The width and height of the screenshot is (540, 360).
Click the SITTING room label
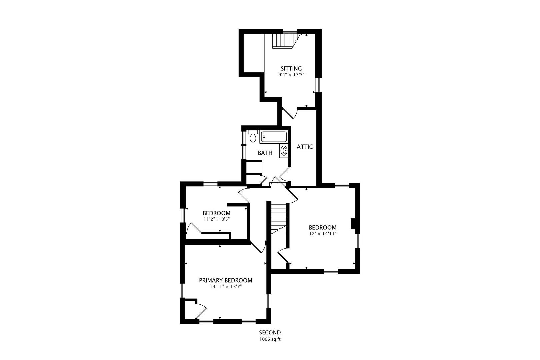pyautogui.click(x=291, y=69)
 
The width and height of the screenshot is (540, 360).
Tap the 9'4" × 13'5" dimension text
pyautogui.click(x=291, y=75)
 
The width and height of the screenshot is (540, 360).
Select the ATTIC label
pyautogui.click(x=305, y=147)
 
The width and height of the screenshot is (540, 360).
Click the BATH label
pyautogui.click(x=265, y=153)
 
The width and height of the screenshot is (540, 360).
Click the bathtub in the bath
pyautogui.click(x=274, y=136)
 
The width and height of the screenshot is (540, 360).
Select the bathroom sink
pyautogui.click(x=284, y=151)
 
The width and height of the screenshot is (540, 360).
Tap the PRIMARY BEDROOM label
pyautogui.click(x=225, y=280)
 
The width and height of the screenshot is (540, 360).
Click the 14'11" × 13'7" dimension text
pyautogui.click(x=226, y=286)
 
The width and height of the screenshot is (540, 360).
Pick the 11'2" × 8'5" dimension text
pyautogui.click(x=217, y=219)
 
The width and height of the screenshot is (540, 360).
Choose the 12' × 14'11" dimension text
pyautogui.click(x=322, y=234)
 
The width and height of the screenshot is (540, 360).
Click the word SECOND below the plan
pyautogui.click(x=270, y=332)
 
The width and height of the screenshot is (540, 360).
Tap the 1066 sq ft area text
pyautogui.click(x=270, y=340)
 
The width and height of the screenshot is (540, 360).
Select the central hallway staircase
pyautogui.click(x=279, y=217)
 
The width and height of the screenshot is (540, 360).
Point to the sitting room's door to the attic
pyautogui.click(x=289, y=113)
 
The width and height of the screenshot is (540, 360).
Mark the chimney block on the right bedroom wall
pyautogui.click(x=353, y=224)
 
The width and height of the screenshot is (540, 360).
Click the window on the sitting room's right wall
pyautogui.click(x=318, y=85)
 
